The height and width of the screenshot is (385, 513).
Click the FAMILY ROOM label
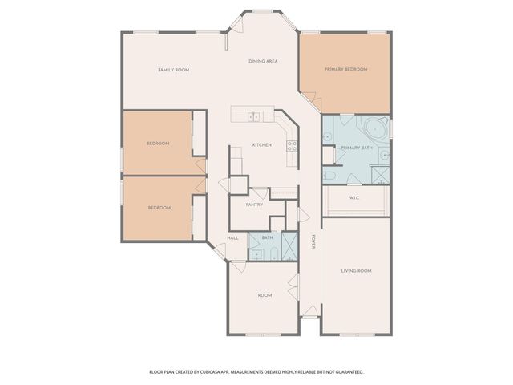(x=173, y=70)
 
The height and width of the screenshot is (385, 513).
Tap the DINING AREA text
(x=263, y=61)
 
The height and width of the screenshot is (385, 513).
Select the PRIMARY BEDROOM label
(x=345, y=70)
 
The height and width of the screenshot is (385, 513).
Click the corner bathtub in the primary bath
(x=375, y=128)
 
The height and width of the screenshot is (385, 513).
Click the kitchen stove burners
(x=293, y=146)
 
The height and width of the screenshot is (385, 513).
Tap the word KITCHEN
(x=262, y=144)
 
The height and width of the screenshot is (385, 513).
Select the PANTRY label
(x=254, y=205)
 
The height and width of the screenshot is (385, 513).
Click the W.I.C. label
(x=353, y=198)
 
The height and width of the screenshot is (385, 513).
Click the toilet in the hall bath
(x=273, y=255)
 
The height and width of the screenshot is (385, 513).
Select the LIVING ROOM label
(x=356, y=271)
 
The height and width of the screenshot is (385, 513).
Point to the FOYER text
(x=313, y=241)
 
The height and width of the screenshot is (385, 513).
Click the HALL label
(x=232, y=238)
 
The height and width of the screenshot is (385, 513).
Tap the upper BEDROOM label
(x=157, y=144)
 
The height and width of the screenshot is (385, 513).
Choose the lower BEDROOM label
(x=159, y=208)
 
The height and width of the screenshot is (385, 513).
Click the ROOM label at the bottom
(x=264, y=295)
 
